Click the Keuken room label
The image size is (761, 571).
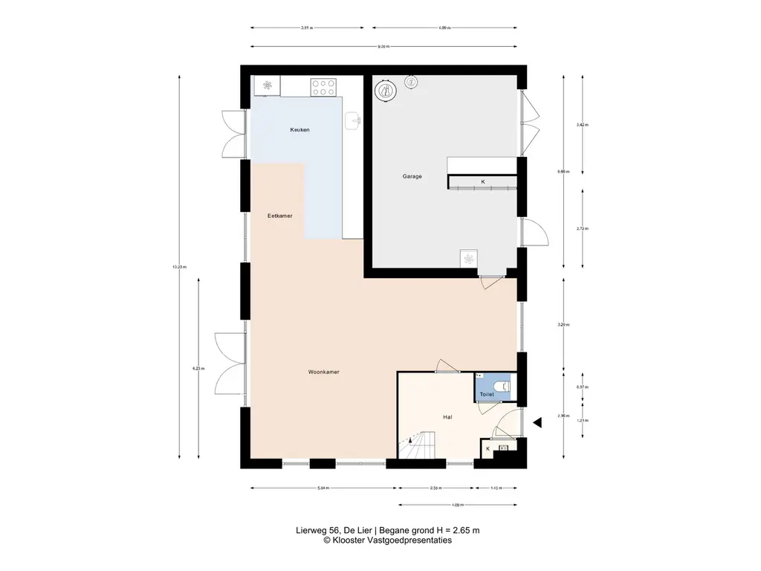click(x=299, y=130)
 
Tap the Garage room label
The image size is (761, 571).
click(x=412, y=177)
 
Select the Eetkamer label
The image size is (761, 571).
click(x=280, y=216)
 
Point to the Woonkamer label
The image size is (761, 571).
click(x=325, y=372)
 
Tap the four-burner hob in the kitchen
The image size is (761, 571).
click(x=323, y=88)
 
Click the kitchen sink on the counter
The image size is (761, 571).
click(x=354, y=119)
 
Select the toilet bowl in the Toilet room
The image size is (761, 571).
click(x=503, y=386)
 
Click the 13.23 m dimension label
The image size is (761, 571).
click(x=179, y=267)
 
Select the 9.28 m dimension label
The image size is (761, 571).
click(x=383, y=46)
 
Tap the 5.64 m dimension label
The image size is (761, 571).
click(x=323, y=488)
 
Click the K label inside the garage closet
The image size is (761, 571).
click(x=482, y=182)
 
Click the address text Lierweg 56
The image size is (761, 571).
click(x=314, y=531)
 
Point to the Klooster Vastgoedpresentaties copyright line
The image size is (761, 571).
click(x=387, y=541)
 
